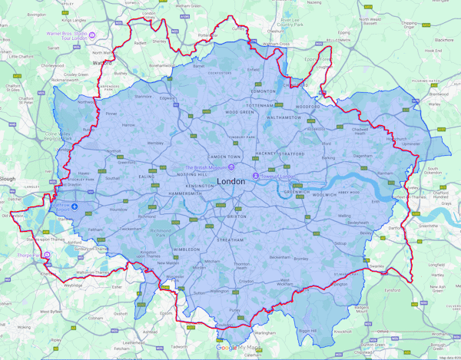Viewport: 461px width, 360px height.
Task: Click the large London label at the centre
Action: pos(232,181)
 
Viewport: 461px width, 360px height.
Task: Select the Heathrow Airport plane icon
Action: pos(75,206)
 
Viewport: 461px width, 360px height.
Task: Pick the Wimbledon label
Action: pos(187,250)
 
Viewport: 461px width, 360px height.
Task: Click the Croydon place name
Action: pos(246,282)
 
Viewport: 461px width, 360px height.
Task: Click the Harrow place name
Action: pos(128,124)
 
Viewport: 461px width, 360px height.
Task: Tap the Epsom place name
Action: pos(163,312)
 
